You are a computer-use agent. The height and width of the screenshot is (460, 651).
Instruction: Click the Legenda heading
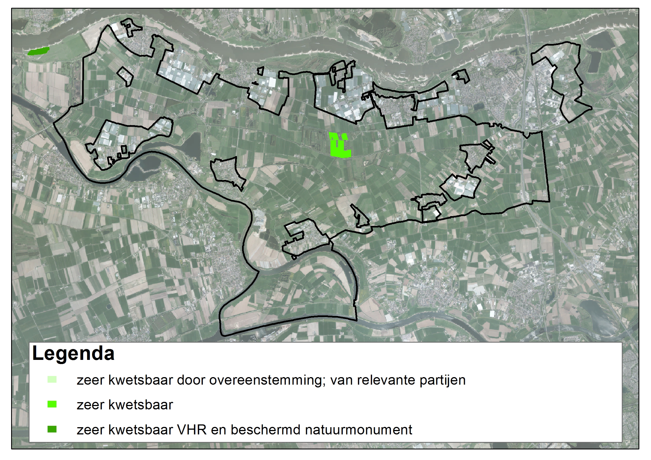(73, 353)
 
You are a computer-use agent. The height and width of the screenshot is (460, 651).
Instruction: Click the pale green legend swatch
(52, 380)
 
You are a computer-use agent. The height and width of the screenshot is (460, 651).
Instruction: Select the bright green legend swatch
(52, 404)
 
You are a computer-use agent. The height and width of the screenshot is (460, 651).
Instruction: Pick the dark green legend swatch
(52, 429)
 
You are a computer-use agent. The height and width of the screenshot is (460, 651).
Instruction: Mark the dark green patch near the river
(38, 51)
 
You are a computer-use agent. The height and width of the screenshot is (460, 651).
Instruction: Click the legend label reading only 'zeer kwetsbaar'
(125, 405)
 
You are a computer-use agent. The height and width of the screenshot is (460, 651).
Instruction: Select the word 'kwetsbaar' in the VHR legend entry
(141, 430)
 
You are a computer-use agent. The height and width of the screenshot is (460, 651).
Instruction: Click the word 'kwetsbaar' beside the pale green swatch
(141, 380)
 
